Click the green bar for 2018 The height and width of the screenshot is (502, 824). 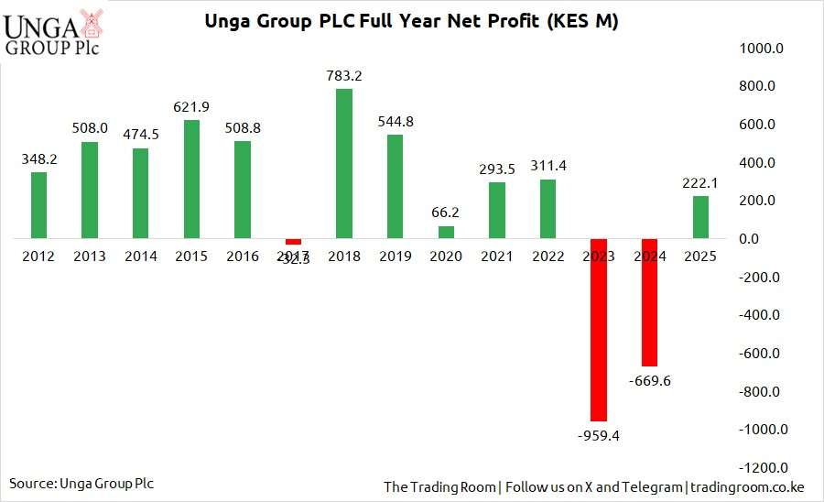click(344, 164)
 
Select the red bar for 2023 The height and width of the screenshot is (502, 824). click(599, 330)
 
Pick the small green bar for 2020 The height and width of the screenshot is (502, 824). click(447, 233)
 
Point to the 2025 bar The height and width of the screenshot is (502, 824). click(700, 217)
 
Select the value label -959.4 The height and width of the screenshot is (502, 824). click(599, 436)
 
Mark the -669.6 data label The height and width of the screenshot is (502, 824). click(650, 380)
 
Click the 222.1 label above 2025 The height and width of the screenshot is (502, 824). click(701, 182)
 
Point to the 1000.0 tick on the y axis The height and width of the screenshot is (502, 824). click(758, 49)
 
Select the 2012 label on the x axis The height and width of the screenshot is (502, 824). click(38, 256)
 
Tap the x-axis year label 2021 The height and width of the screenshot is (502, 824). click(497, 256)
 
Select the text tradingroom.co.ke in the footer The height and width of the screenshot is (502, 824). click(749, 486)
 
